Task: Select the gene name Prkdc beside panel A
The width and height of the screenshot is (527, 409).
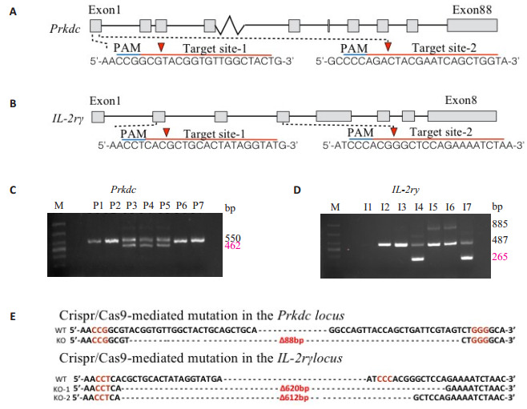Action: pyautogui.click(x=64, y=28)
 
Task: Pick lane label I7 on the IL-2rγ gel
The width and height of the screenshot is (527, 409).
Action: pyautogui.click(x=468, y=208)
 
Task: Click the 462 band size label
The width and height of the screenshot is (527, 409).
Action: pyautogui.click(x=233, y=249)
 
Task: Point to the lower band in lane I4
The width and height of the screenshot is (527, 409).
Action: pyautogui.click(x=416, y=259)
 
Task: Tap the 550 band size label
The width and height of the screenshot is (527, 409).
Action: pyautogui.click(x=233, y=238)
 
